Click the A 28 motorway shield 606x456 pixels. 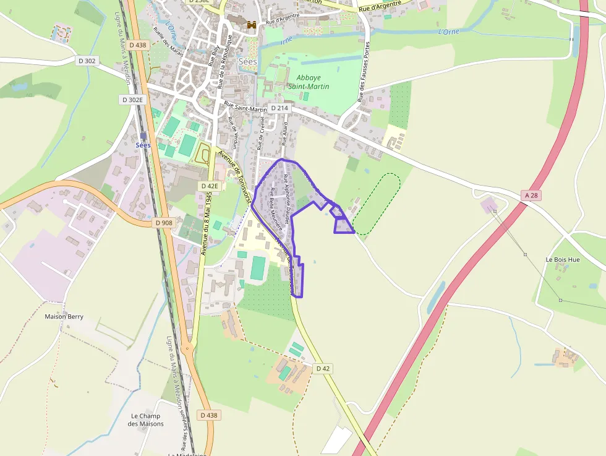(x=531, y=195)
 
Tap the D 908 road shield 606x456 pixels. (x=164, y=223)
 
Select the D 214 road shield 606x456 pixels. (x=280, y=108)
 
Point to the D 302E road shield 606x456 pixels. (x=132, y=100)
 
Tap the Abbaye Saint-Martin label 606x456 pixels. (x=309, y=82)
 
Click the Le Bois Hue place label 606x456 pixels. (x=563, y=259)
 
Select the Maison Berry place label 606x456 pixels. (x=64, y=316)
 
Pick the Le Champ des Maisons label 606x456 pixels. (x=146, y=419)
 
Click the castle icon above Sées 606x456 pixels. (x=252, y=25)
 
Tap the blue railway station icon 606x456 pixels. (x=143, y=136)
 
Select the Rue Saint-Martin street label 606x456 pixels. (x=245, y=107)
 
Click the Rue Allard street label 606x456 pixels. (x=285, y=134)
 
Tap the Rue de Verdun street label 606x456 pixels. (x=233, y=129)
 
